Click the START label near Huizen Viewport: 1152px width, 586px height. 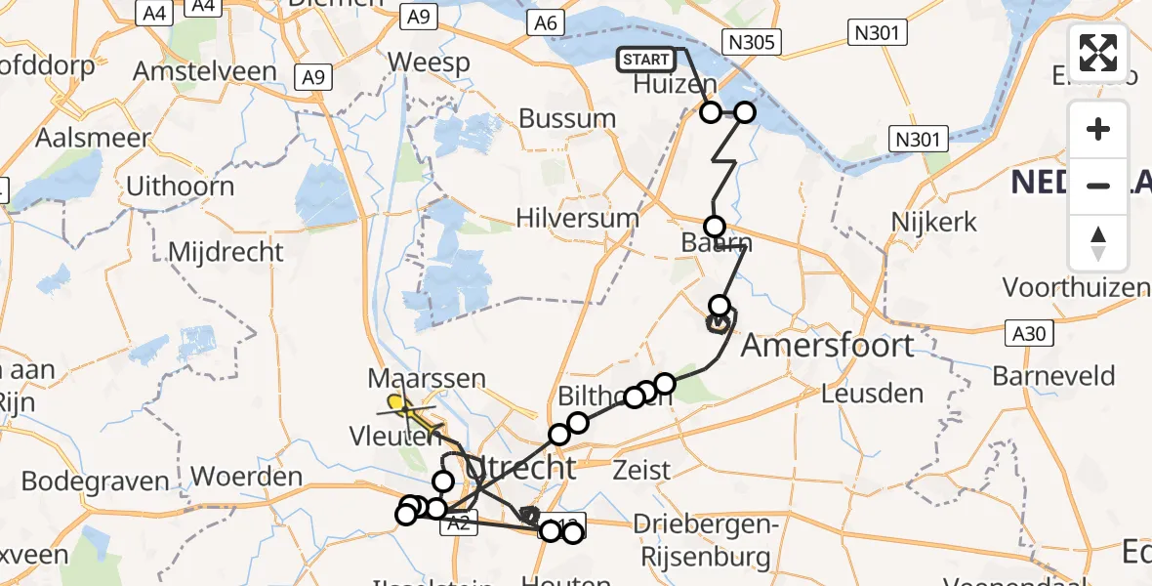click(x=645, y=60)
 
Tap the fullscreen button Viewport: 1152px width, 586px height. click(x=1098, y=53)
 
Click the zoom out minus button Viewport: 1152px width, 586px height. click(x=1098, y=185)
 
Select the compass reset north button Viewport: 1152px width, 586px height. click(x=1098, y=241)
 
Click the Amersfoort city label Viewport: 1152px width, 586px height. click(x=829, y=345)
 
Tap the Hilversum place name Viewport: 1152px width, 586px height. click(x=578, y=217)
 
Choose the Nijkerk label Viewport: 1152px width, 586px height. click(x=934, y=222)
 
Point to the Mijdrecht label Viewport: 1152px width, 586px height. click(x=226, y=252)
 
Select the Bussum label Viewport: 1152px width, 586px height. click(x=567, y=119)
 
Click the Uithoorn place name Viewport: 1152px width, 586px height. click(x=181, y=186)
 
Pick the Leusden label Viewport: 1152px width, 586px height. click(x=872, y=394)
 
